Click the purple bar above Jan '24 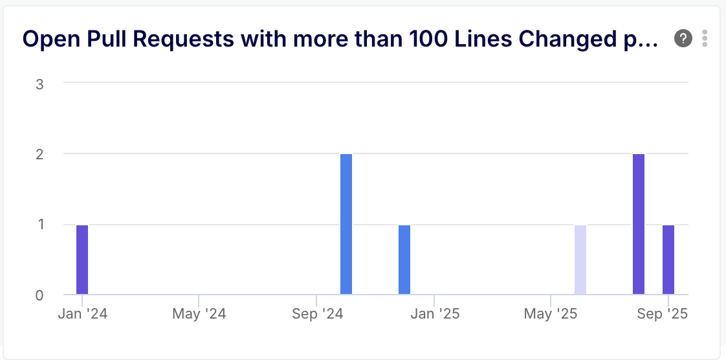[x=82, y=260]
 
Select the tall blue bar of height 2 [x=346, y=224]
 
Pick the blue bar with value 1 [x=404, y=260]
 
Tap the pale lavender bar [x=580, y=260]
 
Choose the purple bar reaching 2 [x=639, y=224]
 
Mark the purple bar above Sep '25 [x=668, y=260]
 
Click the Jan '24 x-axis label [x=82, y=315]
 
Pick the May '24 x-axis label [x=199, y=315]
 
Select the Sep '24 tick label [x=316, y=315]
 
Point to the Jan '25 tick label [x=434, y=315]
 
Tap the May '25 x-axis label [x=551, y=315]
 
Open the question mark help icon [x=683, y=39]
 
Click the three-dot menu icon [x=705, y=39]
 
